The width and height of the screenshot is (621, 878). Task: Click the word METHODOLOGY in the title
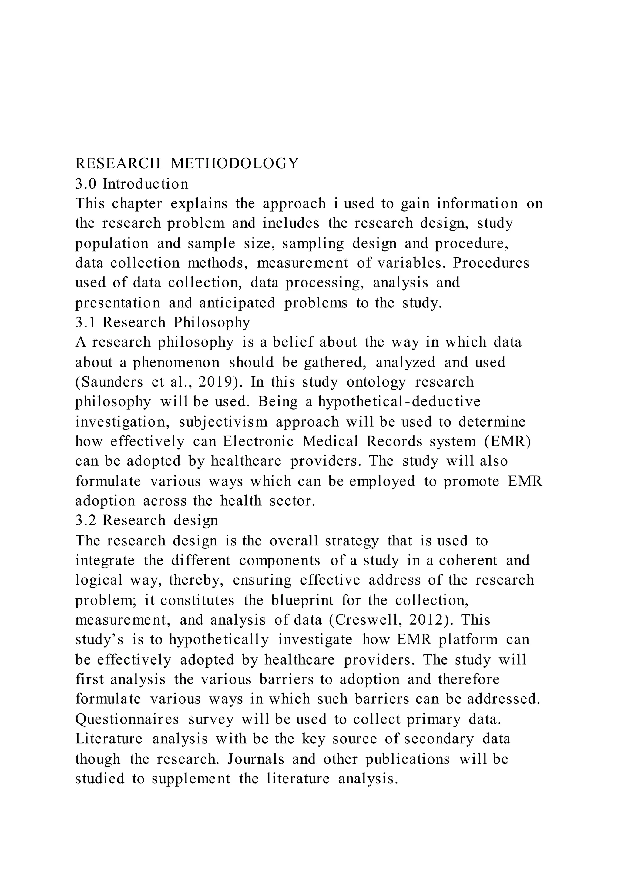coord(234,164)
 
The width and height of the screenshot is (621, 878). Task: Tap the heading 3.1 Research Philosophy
coord(163,322)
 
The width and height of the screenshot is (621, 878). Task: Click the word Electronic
coord(258,441)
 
